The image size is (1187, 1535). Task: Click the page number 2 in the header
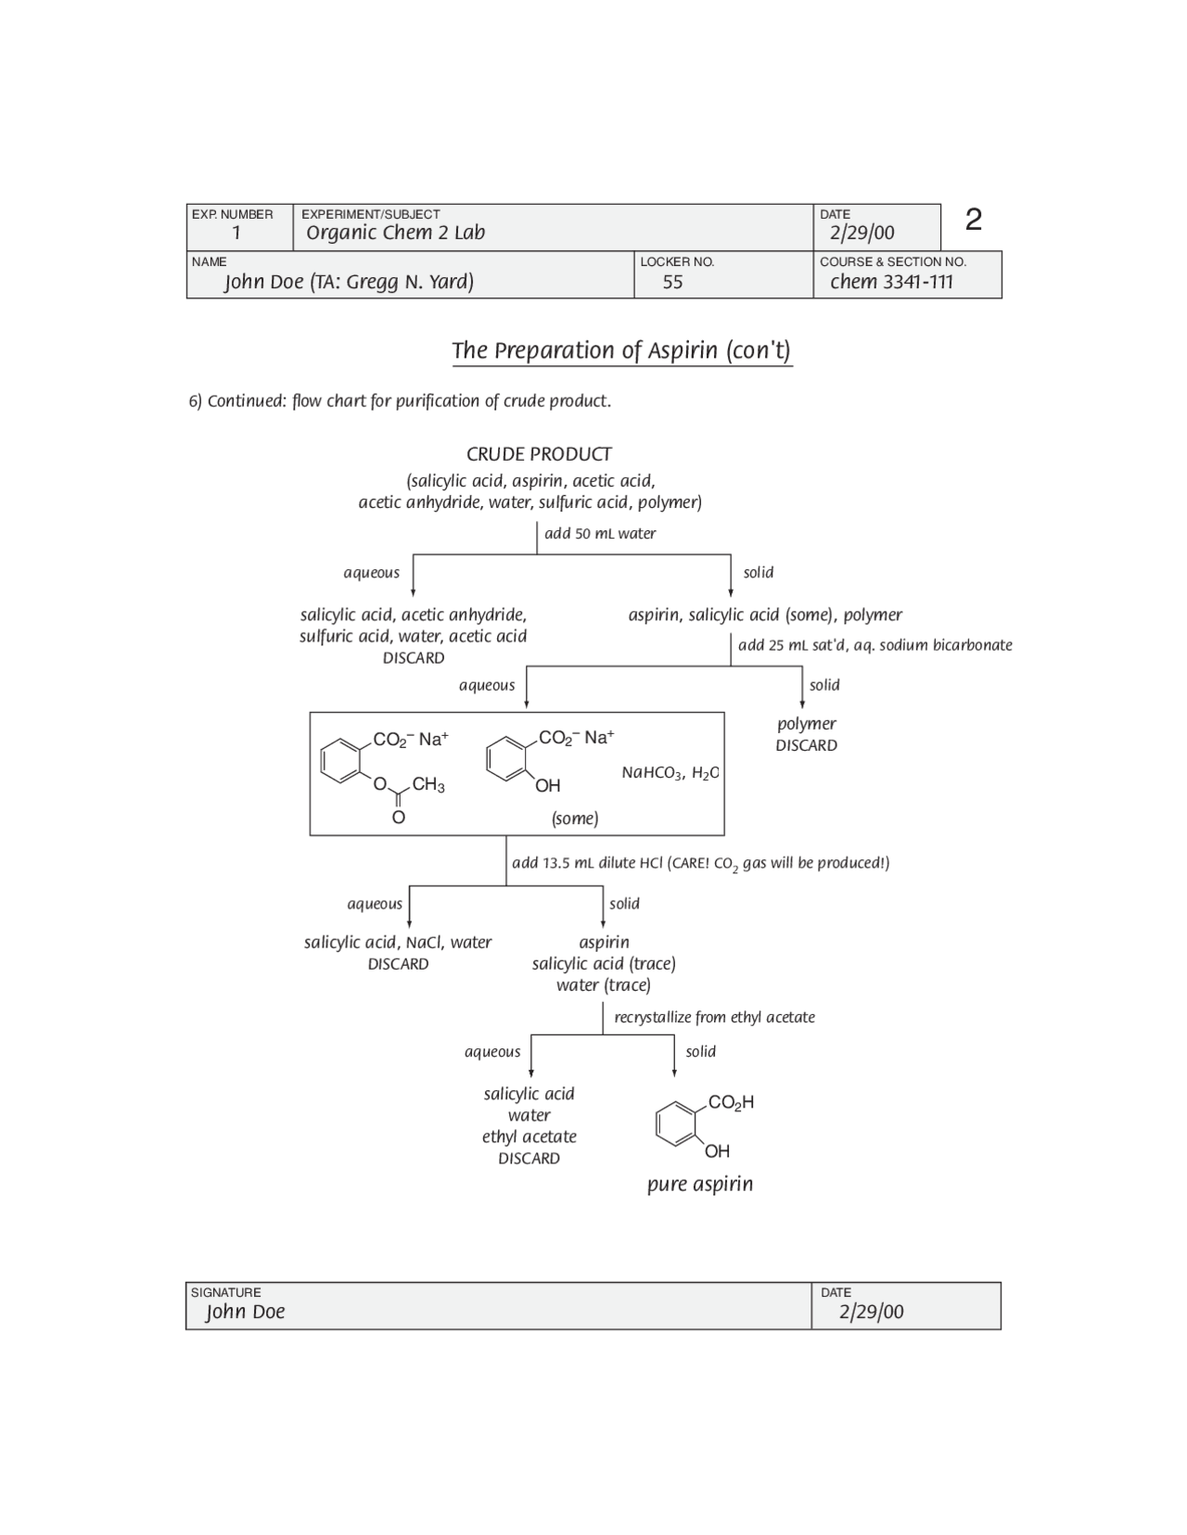973,220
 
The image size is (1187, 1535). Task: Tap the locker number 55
672,282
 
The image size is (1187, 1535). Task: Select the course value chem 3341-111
891,282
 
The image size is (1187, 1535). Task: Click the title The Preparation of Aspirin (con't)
621,350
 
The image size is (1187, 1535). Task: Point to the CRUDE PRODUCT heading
539,454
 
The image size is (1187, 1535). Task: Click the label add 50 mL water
600,534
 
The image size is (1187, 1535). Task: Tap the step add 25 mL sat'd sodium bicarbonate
874,645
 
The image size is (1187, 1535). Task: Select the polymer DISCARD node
806,734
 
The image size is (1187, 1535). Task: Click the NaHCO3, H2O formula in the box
670,773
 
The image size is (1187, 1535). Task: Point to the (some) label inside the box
575,818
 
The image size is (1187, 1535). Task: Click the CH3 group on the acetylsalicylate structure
428,785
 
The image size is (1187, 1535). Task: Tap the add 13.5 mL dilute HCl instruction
700,863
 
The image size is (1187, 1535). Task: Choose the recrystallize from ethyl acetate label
714,1017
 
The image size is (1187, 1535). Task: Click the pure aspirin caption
700,1184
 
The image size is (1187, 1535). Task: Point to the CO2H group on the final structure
731,1102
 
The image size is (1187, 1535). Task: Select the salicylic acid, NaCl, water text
398,943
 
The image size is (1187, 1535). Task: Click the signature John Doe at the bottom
246,1312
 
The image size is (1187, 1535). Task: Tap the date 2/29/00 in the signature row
871,1312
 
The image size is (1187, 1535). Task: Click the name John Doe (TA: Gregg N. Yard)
349,282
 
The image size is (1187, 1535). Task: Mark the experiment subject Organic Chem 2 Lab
396,233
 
